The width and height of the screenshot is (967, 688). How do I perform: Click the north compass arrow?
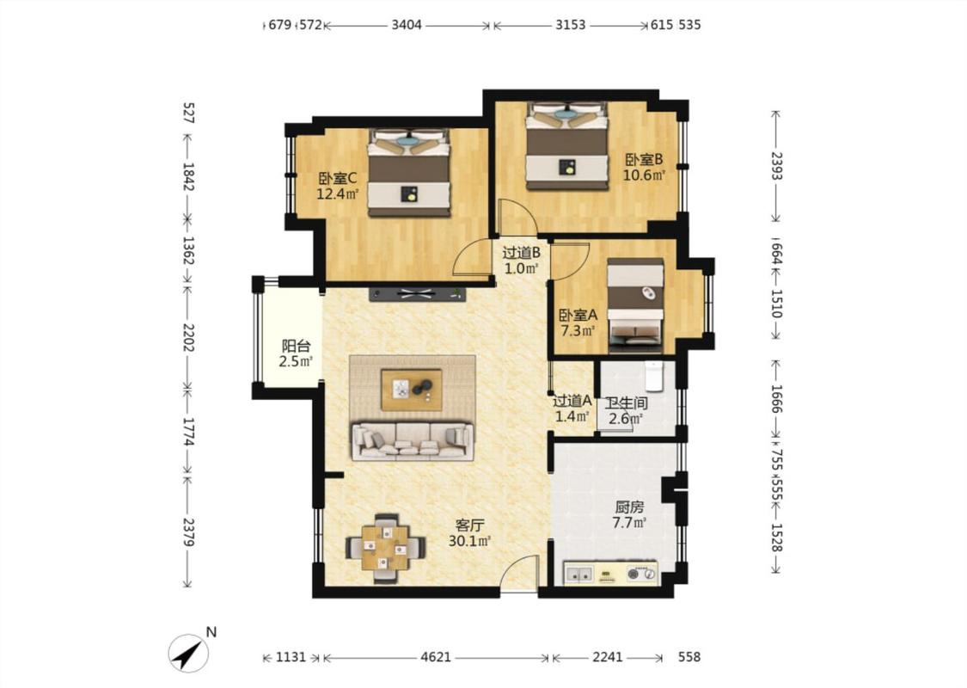189,653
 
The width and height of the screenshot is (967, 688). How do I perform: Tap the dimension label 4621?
436,657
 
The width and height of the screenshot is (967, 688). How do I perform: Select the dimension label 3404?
407,25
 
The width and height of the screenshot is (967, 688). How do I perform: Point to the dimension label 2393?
776,166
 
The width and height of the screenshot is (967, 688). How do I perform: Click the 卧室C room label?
337,178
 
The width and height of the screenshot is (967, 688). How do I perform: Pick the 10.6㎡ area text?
644,175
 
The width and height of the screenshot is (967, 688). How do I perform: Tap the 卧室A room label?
578,315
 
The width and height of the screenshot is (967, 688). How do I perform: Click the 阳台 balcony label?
296,347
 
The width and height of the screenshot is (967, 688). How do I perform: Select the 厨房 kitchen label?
629,507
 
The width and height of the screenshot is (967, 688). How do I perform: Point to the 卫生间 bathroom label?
626,403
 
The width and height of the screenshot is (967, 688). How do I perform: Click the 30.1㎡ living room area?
470,541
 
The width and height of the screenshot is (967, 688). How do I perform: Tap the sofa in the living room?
413,440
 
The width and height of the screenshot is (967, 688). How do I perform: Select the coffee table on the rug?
412,390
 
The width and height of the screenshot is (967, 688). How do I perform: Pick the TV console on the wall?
418,294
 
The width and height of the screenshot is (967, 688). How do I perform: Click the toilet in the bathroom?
654,376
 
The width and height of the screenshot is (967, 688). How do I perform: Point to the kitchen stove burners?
640,574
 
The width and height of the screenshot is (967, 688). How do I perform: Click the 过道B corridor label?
522,252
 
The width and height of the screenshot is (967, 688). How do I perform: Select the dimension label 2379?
189,531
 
